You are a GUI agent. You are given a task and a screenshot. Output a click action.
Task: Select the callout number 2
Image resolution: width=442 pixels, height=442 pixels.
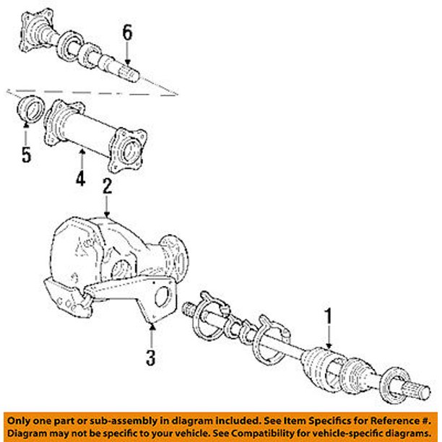(107, 187)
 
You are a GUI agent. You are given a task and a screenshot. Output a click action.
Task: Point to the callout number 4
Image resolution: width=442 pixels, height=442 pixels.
(81, 177)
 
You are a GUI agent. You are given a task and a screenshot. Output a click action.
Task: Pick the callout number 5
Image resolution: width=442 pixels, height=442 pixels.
(26, 155)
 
